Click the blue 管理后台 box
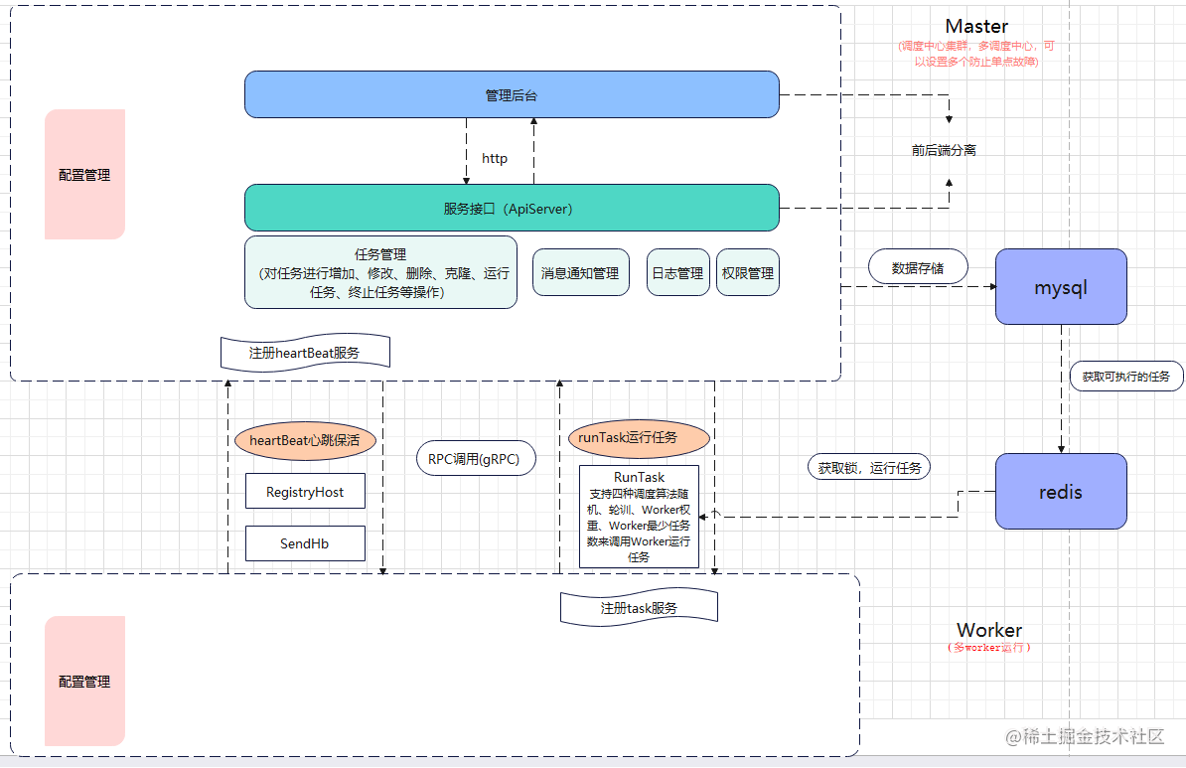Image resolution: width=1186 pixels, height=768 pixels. pos(512,95)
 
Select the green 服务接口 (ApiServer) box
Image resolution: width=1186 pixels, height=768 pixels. pos(512,209)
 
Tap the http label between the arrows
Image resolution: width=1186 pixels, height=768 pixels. pos(494,158)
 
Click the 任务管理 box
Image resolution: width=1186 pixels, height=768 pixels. pos(380,272)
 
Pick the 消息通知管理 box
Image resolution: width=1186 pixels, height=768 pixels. pos(580,272)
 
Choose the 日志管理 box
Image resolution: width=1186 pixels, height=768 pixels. pos(677,272)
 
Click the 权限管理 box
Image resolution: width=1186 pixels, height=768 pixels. pos(747,272)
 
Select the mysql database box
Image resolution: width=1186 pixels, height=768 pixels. pos(1061,287)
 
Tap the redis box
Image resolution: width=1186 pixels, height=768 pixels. pos(1061,492)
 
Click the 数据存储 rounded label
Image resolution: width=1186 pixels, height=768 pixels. pos(917,267)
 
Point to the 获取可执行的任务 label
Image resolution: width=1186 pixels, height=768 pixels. pos(1126,377)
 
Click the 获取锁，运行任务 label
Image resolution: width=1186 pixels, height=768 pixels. pos(869,467)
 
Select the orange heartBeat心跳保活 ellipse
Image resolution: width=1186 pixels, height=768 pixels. pos(305,440)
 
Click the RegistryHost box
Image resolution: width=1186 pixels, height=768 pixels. pos(305,492)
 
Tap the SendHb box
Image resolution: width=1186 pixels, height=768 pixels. pos(305,543)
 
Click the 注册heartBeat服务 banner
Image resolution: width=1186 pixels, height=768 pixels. pos(305,353)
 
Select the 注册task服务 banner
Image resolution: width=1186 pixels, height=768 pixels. pos(639,608)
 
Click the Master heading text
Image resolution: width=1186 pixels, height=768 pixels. pos(976,27)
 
